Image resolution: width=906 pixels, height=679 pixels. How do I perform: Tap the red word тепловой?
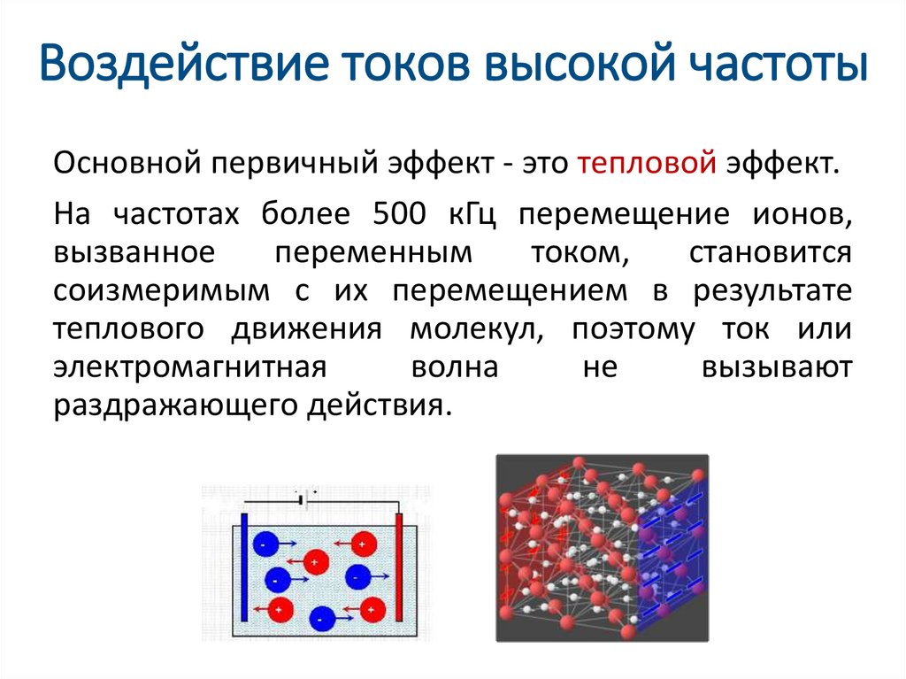click(x=646, y=164)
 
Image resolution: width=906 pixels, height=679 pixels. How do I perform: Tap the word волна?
click(x=454, y=367)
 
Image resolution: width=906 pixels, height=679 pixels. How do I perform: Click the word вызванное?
click(x=133, y=252)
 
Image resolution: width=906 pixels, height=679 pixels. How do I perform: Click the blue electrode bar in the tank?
click(x=243, y=568)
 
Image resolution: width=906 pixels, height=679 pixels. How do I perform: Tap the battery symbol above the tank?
click(x=302, y=500)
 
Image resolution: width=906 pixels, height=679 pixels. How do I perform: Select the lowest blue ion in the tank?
click(x=324, y=619)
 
